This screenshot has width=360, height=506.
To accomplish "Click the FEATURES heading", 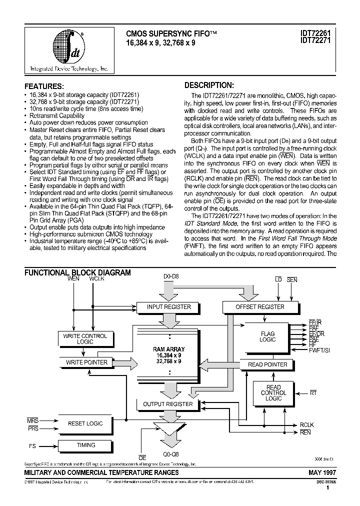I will coord(44,86).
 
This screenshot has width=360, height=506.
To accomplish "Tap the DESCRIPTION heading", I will coord(209,85).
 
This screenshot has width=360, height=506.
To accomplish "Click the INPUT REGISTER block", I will coord(168,306).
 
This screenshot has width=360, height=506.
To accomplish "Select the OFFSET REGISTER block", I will coord(259,306).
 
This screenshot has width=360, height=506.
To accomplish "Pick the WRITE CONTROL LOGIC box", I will coord(85,339).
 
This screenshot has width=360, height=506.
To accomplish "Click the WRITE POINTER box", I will coord(86,362).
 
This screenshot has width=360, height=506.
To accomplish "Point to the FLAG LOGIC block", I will coord(267,336).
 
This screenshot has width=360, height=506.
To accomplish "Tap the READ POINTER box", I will coord(267,364).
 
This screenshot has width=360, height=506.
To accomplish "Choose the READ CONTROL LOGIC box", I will coord(273,393).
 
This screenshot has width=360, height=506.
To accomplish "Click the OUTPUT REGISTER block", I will coord(168,403).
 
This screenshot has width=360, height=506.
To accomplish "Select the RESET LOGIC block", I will coord(85,423).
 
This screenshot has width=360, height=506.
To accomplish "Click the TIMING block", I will coord(86,445).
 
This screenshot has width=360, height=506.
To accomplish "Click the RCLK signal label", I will coord(306,425).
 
